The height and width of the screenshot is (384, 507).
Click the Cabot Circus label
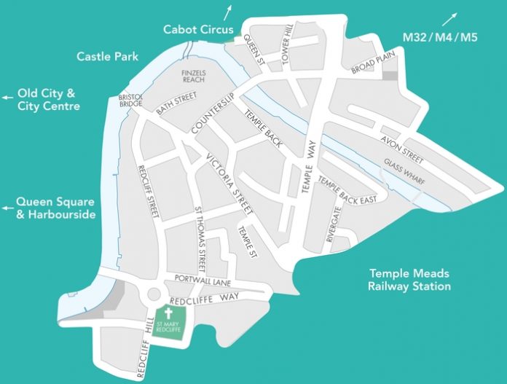[197, 30]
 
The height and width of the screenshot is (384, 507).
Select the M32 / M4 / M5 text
[440, 36]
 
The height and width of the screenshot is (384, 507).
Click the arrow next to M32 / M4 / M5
[453, 17]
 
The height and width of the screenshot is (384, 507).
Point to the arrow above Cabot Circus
[230, 10]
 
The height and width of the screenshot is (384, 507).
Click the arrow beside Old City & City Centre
[7, 96]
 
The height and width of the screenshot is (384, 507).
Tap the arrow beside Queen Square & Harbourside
[7, 207]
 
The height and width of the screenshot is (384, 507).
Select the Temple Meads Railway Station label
[409, 280]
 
